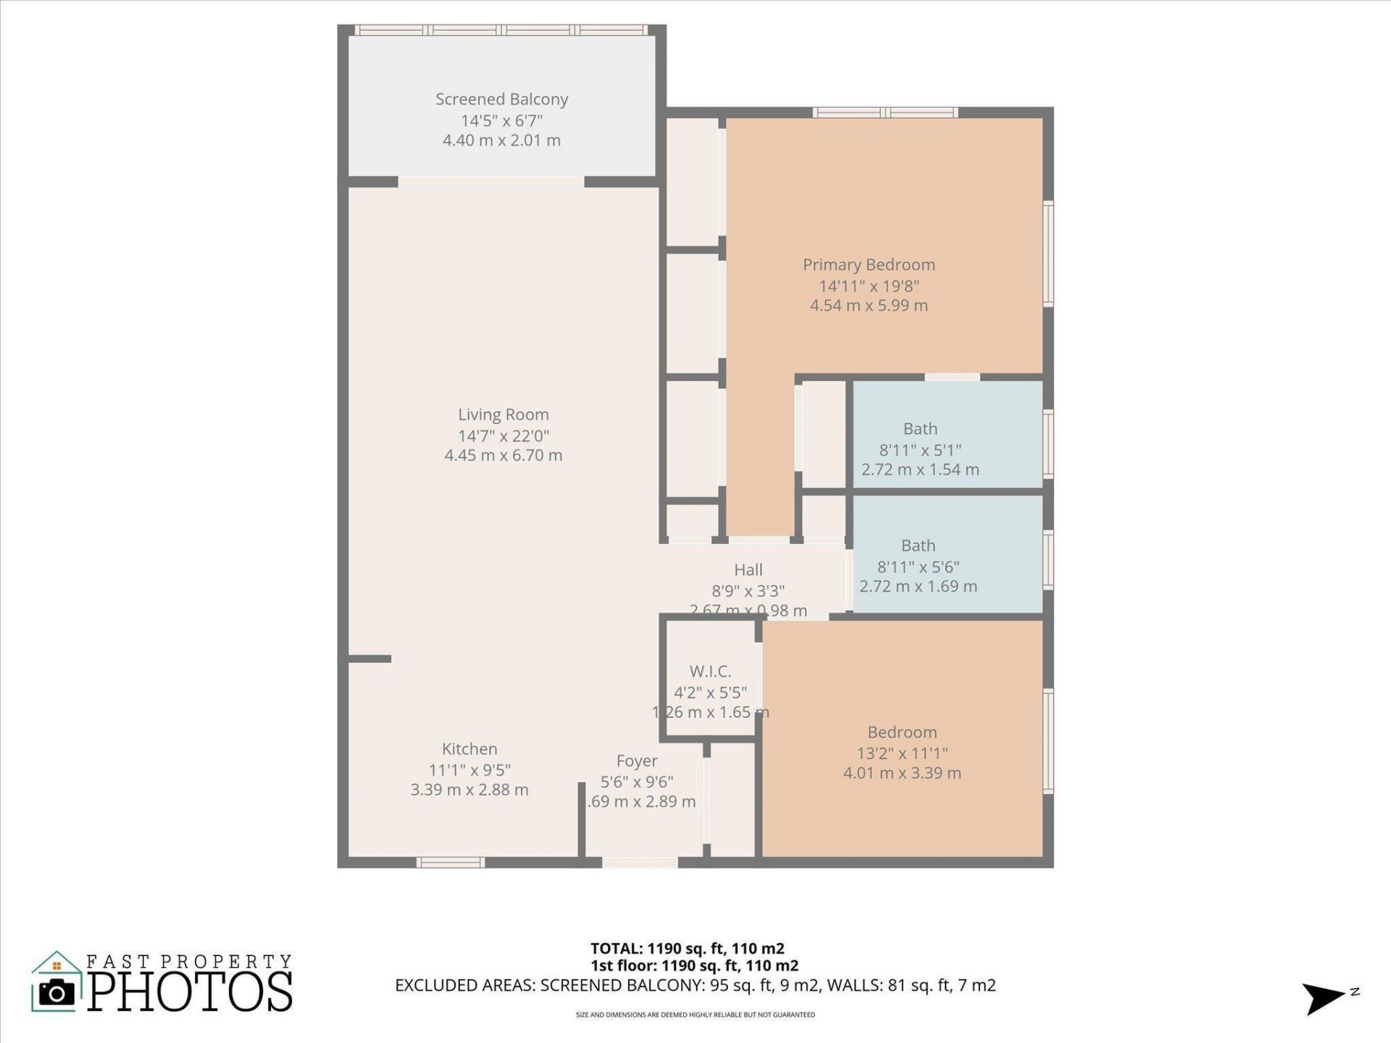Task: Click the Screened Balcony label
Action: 501,99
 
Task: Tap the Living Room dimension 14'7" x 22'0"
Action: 504,435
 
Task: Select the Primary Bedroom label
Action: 869,264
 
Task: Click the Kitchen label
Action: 469,749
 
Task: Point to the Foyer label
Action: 637,761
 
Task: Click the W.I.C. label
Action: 710,671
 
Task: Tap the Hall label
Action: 748,570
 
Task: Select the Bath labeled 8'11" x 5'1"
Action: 920,429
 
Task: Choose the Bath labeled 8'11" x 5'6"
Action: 918,545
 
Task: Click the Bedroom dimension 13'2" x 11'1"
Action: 902,753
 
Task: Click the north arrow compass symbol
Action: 1324,998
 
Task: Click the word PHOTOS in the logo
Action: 191,992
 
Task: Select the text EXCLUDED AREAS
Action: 464,985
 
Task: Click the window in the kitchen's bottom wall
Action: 451,862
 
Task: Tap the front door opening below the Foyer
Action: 640,862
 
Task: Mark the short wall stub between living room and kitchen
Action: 369,658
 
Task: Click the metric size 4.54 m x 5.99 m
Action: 869,305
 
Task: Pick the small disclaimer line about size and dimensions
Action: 695,1015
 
